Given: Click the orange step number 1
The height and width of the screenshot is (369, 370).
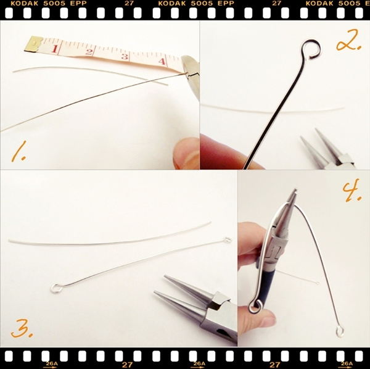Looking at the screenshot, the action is (18, 152).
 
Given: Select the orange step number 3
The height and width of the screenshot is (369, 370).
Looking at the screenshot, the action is (22, 328).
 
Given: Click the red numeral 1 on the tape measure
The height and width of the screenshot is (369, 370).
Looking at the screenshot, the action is (54, 49).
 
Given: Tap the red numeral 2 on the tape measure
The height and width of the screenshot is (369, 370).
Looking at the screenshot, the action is (89, 52).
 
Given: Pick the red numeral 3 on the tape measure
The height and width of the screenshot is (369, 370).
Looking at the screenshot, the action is (125, 57).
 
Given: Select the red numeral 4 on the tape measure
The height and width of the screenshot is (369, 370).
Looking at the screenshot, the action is (162, 61).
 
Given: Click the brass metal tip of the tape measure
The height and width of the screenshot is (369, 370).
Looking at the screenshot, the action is (33, 44).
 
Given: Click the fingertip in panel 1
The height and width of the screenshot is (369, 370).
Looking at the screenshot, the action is (186, 154).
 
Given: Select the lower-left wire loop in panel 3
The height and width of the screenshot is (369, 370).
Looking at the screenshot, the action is (57, 288).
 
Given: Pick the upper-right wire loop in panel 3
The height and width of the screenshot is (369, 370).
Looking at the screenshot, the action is (227, 240).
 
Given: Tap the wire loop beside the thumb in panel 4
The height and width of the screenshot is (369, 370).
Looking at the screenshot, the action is (255, 306).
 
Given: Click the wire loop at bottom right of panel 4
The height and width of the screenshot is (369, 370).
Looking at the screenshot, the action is (340, 331).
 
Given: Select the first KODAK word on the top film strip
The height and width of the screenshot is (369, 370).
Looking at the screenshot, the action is (22, 3).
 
